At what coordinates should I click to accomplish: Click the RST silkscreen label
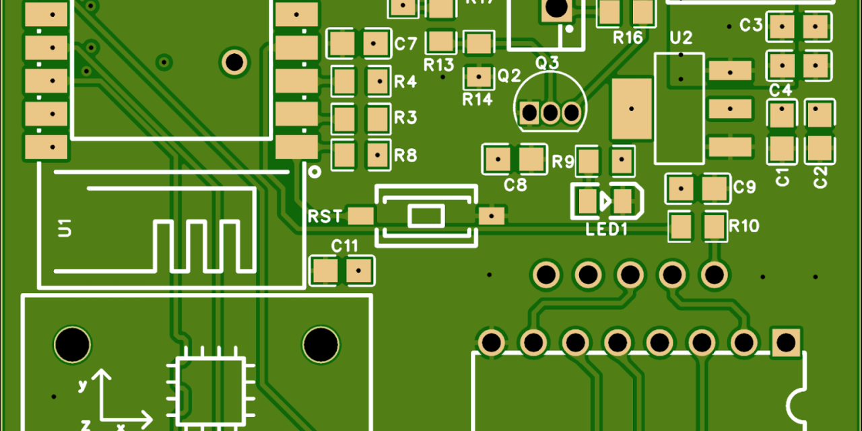pos(325,217)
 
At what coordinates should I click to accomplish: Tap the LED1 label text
pos(607,230)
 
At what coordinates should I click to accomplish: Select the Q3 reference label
pos(547,63)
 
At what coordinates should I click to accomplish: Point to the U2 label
pos(682,37)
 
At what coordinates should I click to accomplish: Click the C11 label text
pos(345,246)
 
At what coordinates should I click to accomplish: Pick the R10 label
pos(744,226)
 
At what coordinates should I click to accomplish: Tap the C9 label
pos(745,187)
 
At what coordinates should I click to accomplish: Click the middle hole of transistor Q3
pos(551,112)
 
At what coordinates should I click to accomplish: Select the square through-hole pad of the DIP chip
pos(785,342)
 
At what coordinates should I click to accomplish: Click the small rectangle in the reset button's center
pos(426,216)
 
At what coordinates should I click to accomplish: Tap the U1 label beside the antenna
pos(65,228)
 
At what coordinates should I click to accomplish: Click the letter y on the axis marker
pos(82,385)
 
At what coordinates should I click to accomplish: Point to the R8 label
pos(405,156)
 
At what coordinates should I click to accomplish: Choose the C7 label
pos(406,45)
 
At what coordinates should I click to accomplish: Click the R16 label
pos(628,38)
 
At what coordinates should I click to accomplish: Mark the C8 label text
pos(515,185)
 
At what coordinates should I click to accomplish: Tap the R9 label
pos(563,162)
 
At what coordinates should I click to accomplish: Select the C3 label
pos(751,26)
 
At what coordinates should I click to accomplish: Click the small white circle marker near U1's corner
pos(314,172)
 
